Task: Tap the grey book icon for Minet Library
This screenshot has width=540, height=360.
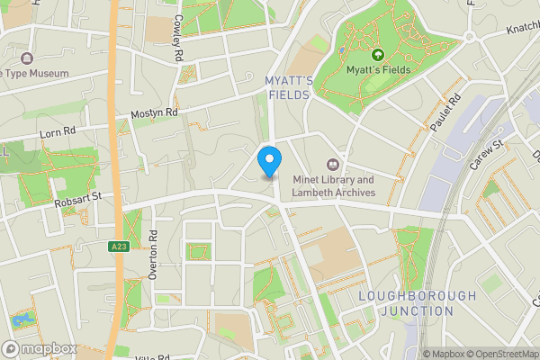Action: click(x=333, y=164)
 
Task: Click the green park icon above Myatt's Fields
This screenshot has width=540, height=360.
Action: click(x=377, y=55)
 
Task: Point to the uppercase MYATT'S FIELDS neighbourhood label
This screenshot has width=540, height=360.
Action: click(x=290, y=87)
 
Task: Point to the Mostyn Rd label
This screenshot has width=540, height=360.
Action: click(x=154, y=113)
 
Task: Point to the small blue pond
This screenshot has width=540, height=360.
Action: click(x=21, y=319)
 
